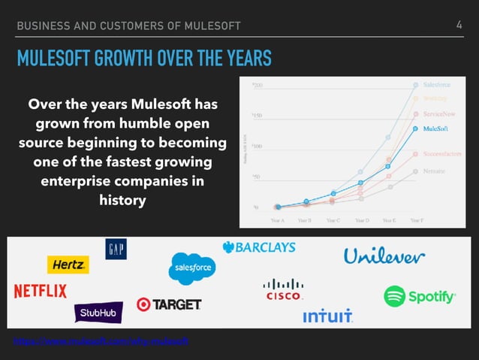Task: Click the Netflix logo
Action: click(x=40, y=291)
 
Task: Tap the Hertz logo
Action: click(x=68, y=265)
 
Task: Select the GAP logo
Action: click(x=116, y=249)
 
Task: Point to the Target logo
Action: click(x=169, y=304)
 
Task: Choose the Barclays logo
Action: click(x=259, y=247)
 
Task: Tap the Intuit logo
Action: click(x=327, y=317)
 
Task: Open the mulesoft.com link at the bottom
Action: click(x=101, y=341)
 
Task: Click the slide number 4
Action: click(x=459, y=26)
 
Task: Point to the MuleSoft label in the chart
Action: click(x=436, y=129)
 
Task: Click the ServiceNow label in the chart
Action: click(x=438, y=113)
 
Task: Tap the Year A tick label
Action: click(x=277, y=220)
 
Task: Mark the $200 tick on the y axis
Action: click(x=258, y=85)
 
